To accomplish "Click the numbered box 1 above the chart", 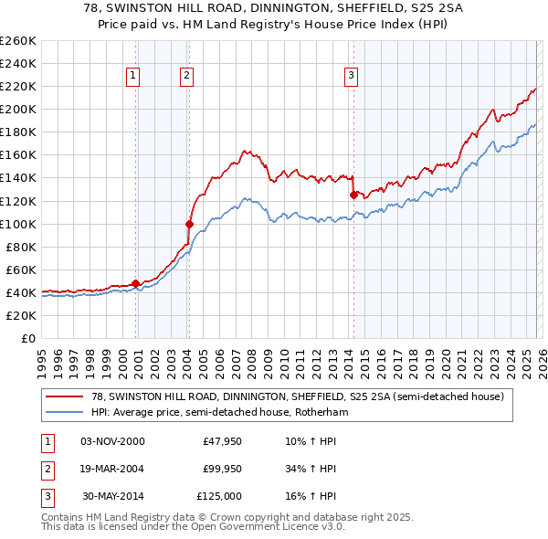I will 134,76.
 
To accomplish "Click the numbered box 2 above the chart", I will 186,76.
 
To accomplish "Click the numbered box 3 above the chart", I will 352,76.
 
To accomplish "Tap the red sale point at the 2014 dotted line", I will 353,195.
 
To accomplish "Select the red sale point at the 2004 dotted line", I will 190,223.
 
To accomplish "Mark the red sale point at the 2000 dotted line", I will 136,283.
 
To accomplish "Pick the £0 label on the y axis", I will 27,338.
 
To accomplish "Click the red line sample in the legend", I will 64,396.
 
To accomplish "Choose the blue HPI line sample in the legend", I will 64,412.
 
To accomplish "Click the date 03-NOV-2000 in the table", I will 112,441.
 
